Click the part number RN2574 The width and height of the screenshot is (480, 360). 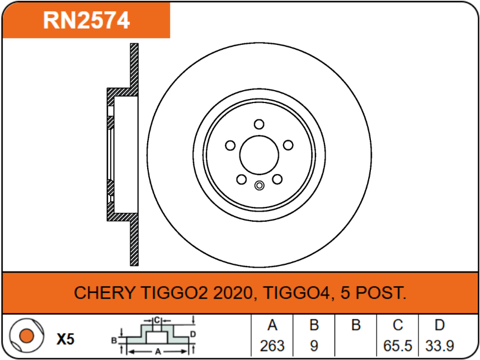(87, 20)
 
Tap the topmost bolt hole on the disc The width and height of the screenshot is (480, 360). (258, 124)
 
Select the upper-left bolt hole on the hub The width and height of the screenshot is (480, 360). (229, 146)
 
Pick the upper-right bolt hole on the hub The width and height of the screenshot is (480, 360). (288, 146)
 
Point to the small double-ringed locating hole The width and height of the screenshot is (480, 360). (258, 186)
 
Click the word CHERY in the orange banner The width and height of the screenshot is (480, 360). (104, 292)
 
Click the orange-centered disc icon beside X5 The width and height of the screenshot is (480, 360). (26, 336)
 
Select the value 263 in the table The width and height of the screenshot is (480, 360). (272, 345)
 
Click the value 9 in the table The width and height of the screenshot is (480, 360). (314, 345)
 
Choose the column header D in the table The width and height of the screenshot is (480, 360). (440, 325)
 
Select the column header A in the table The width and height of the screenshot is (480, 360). (272, 325)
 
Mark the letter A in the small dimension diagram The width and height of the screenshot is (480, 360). (158, 350)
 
